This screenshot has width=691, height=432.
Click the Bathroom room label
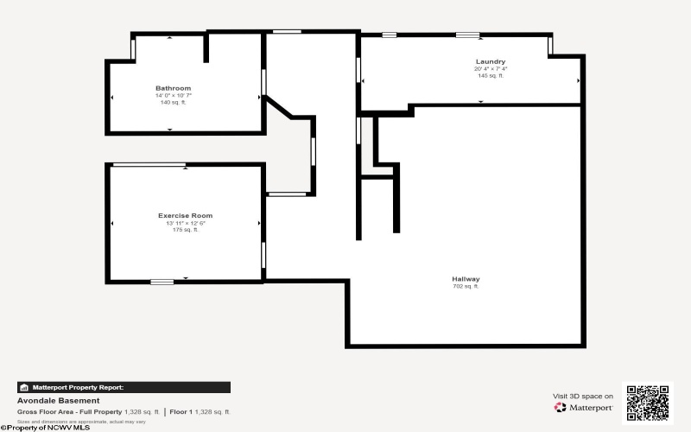click(173, 88)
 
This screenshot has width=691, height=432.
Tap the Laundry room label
click(490, 61)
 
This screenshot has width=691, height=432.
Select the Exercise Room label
click(185, 215)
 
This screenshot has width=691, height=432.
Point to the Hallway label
click(466, 278)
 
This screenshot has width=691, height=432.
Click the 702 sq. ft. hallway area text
click(466, 286)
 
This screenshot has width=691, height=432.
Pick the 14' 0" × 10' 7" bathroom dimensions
click(173, 95)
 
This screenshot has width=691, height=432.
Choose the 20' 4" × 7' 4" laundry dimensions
click(490, 68)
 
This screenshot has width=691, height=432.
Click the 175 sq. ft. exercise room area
click(185, 230)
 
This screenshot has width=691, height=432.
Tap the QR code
click(647, 403)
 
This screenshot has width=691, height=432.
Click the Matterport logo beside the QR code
click(584, 407)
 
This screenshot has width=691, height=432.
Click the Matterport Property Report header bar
click(124, 388)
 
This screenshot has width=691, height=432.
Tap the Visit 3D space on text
click(583, 396)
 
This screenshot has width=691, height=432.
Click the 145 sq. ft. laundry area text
click(490, 75)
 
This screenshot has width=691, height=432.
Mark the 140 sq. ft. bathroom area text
click(173, 102)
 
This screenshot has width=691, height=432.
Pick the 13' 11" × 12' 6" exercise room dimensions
click(185, 223)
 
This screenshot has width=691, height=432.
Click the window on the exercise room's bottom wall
click(162, 282)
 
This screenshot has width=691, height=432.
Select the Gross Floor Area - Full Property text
click(69, 412)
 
